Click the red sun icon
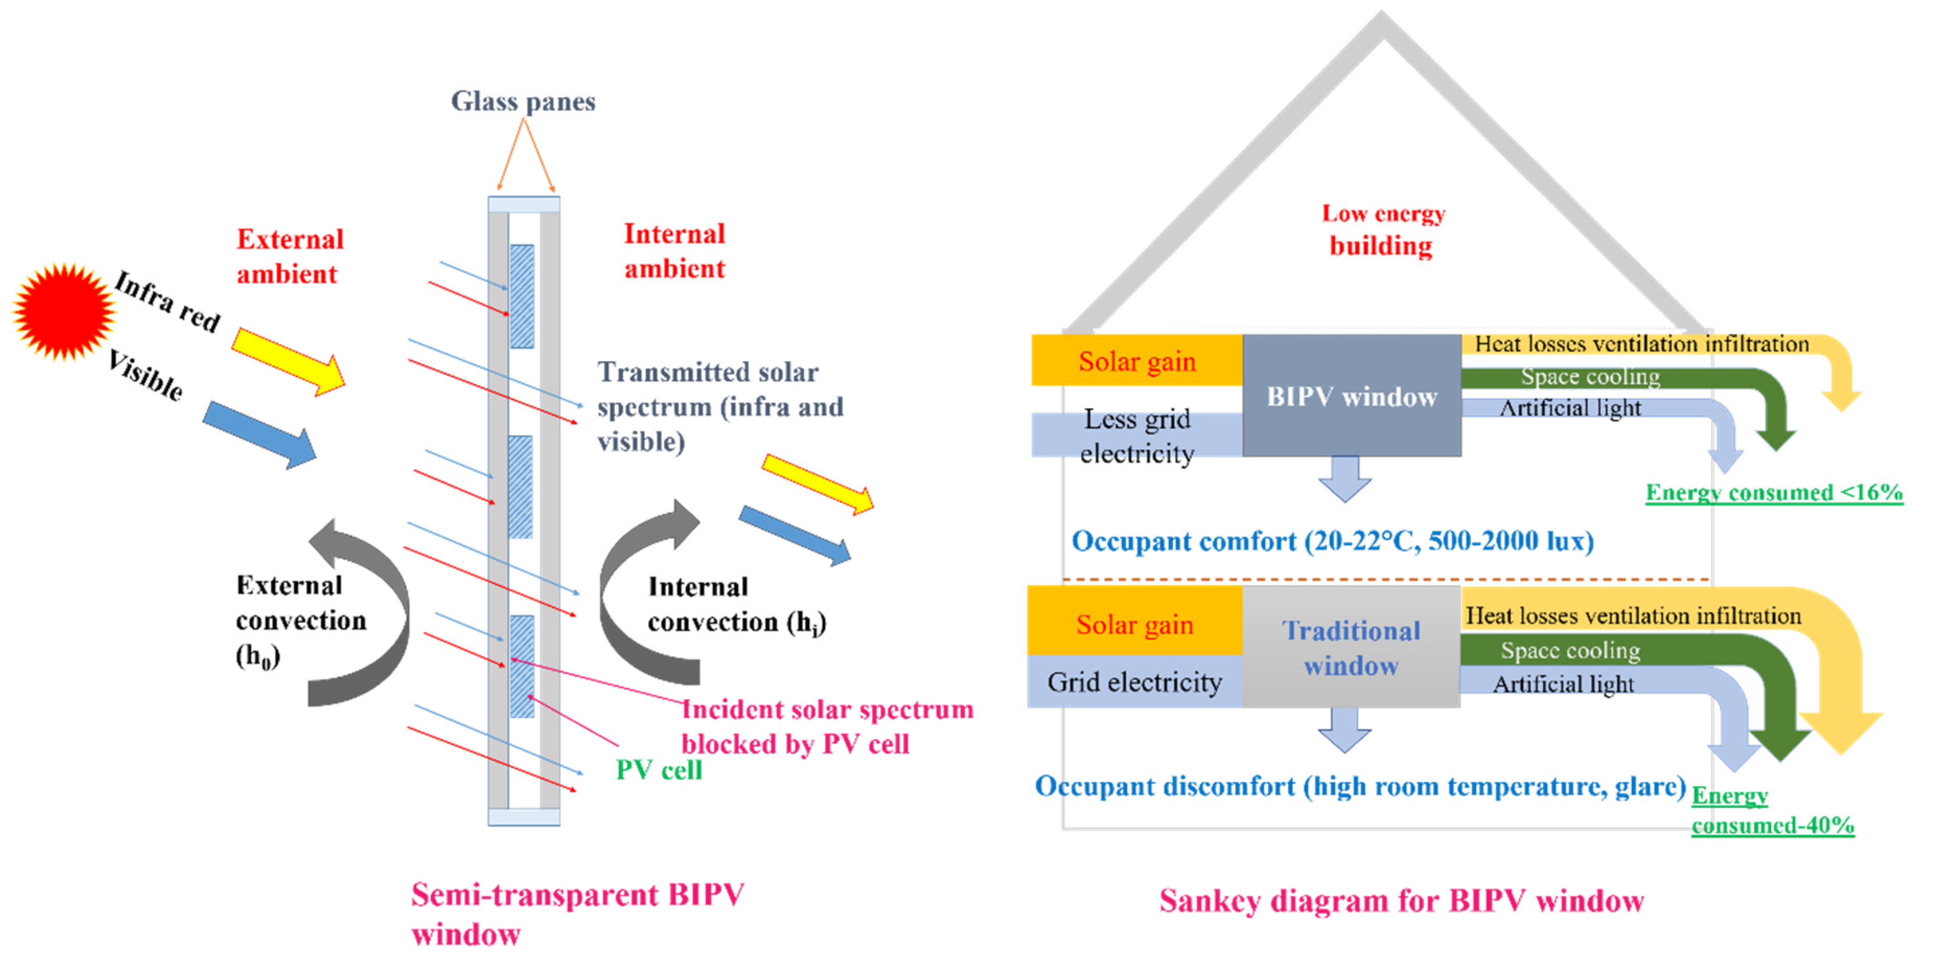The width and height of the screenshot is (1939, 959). pos(63,311)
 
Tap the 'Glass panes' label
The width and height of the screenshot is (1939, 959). pos(523,101)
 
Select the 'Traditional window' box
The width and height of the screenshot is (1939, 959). pos(1351,648)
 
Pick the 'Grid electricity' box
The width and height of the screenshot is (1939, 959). pos(1134,682)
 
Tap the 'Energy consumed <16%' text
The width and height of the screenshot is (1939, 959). pos(1773,492)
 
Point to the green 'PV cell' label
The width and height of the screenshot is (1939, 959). pos(658,770)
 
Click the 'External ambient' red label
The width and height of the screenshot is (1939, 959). pos(290,257)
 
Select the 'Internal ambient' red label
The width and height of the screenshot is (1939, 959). pos(674,251)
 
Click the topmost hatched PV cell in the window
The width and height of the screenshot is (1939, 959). pos(522,296)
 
